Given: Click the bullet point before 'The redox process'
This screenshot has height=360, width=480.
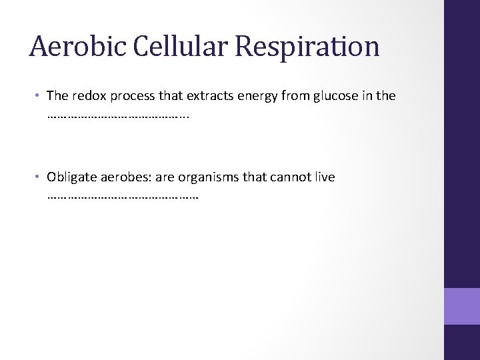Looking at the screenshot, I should (x=39, y=96).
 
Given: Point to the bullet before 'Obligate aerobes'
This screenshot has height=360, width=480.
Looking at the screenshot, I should (x=39, y=177).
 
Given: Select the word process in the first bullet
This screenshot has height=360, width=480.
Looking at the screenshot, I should (x=130, y=97).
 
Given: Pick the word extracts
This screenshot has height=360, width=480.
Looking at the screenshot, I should (x=204, y=96).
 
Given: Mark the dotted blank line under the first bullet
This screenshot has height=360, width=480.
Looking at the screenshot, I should (x=119, y=117).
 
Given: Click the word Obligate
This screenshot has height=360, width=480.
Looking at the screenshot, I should (x=70, y=177).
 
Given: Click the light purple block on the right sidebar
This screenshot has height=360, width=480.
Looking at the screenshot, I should (x=462, y=307).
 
